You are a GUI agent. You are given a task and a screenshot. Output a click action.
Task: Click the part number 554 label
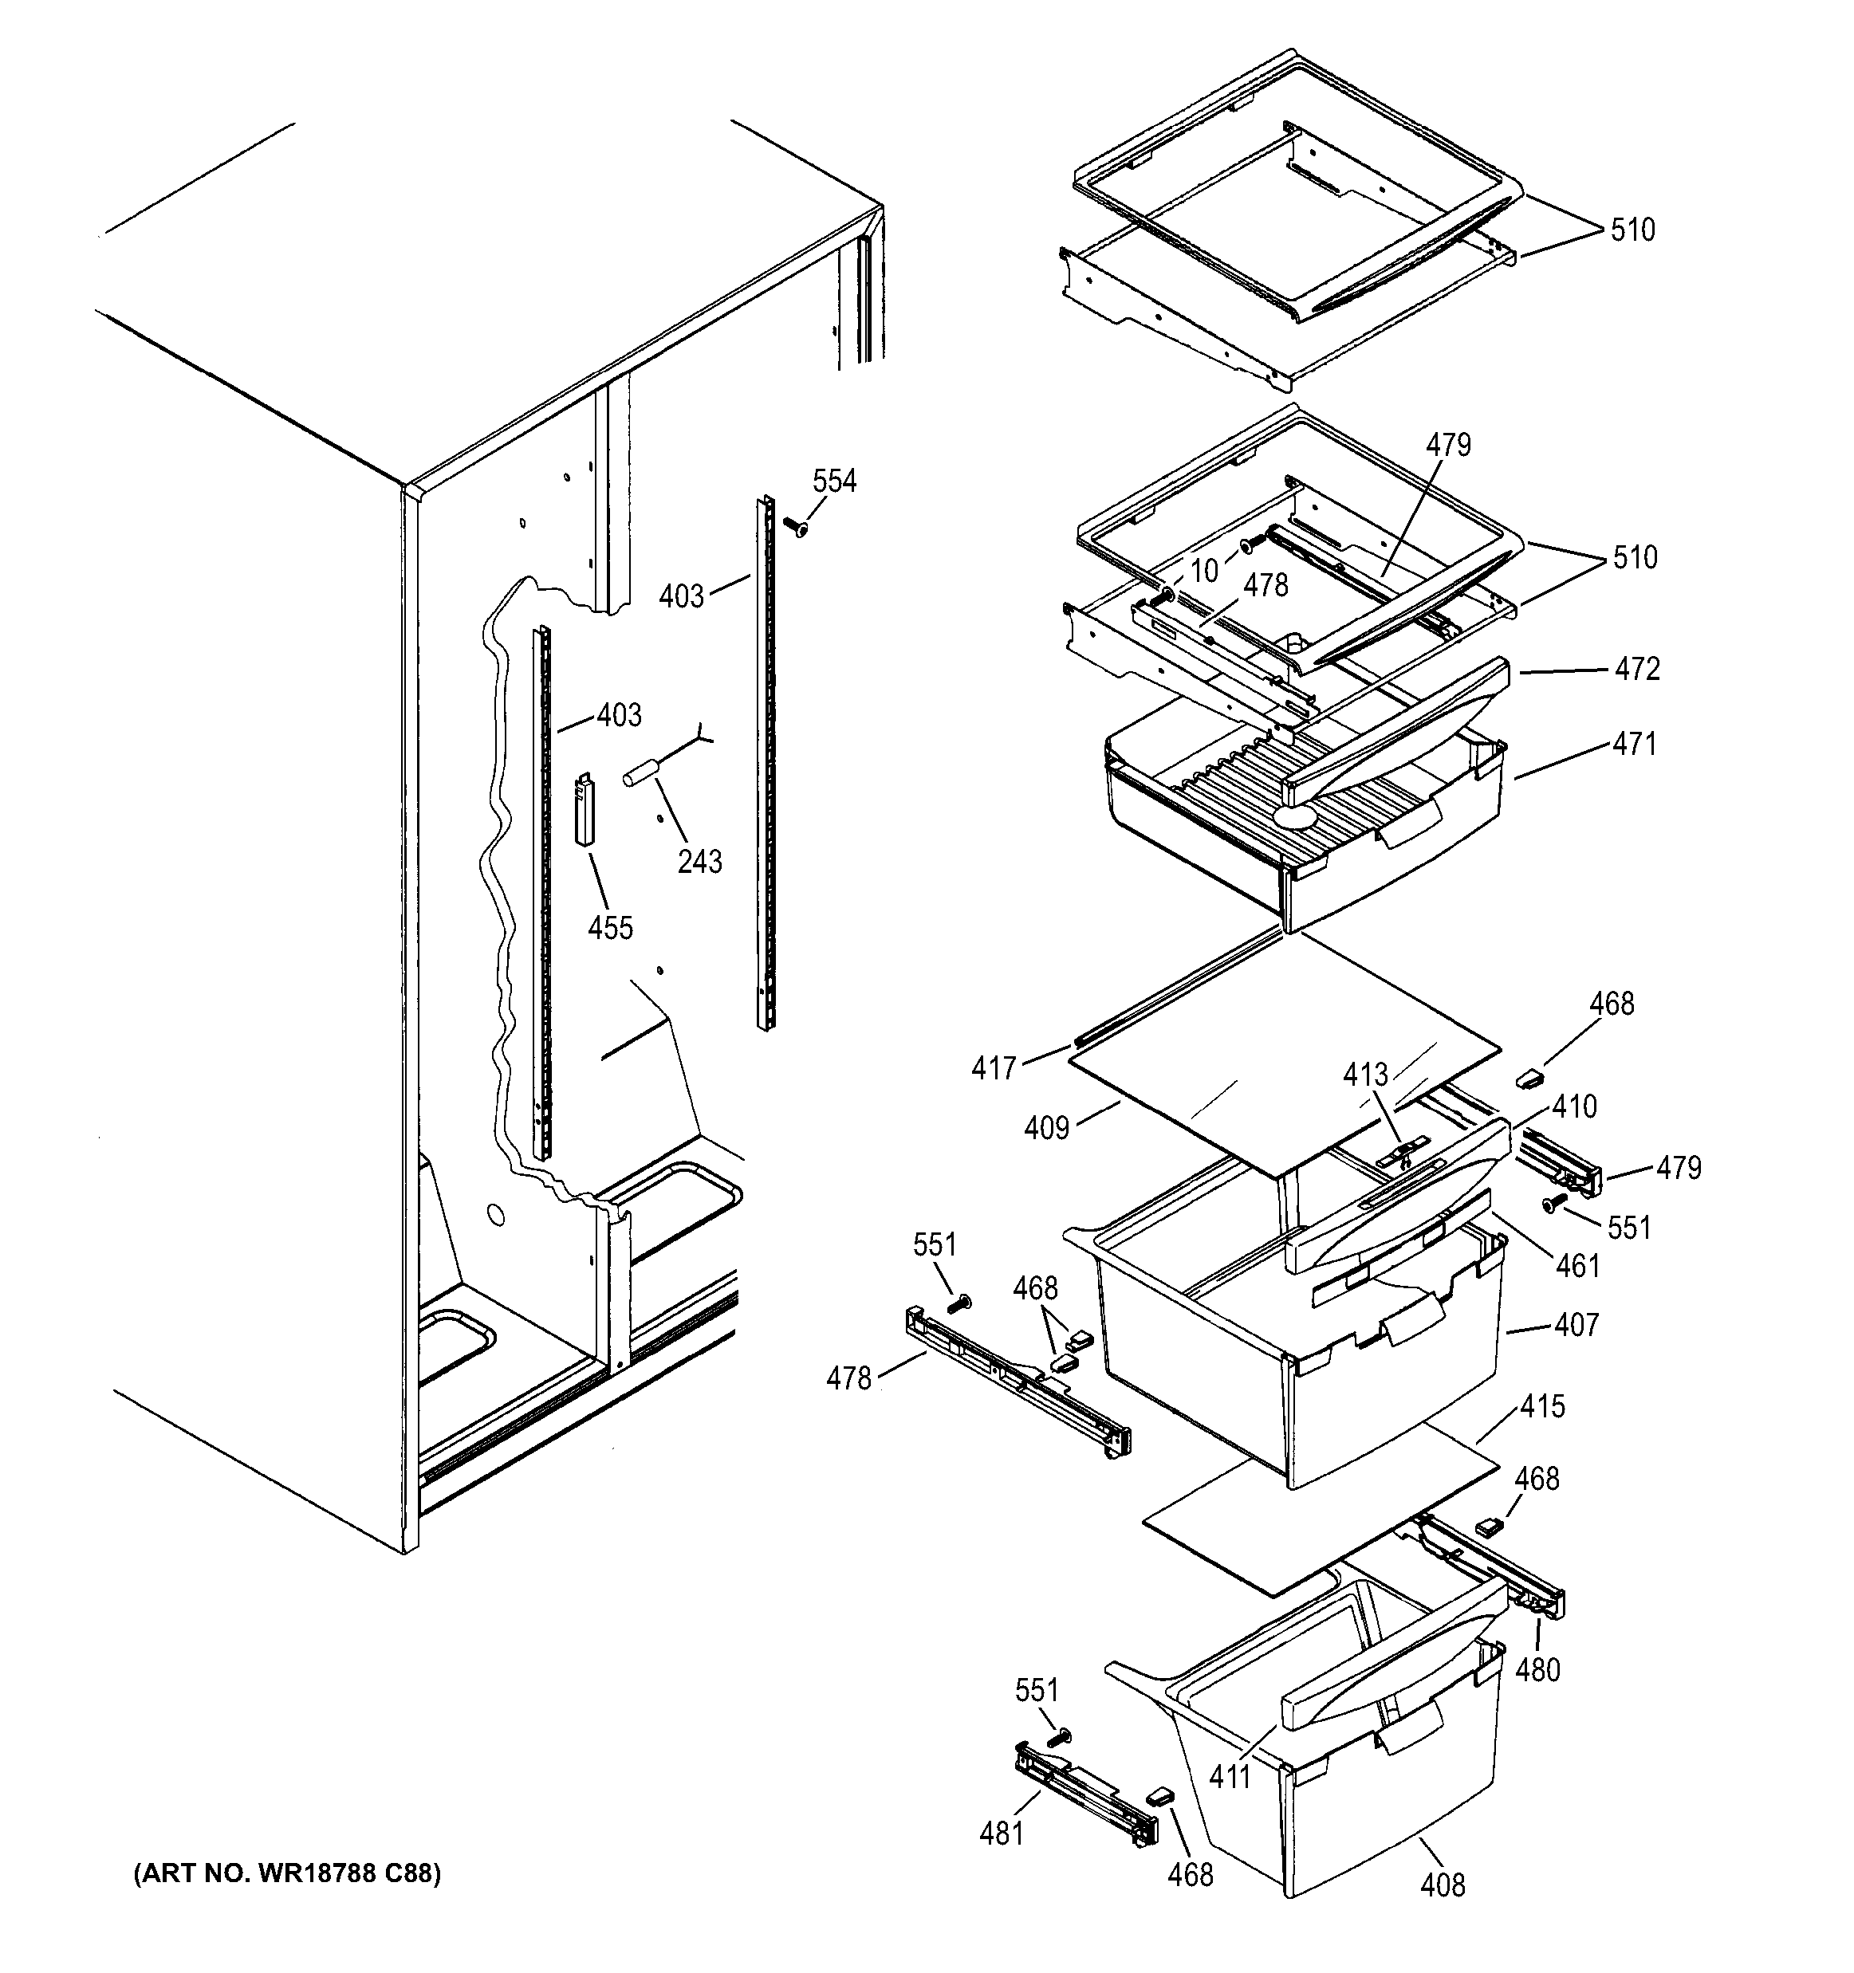click(x=834, y=481)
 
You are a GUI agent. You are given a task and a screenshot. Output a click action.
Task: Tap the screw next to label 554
click(x=795, y=526)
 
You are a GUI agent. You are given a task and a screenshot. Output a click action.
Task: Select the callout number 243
click(x=699, y=860)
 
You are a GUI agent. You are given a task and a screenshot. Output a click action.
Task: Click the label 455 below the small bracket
click(x=609, y=928)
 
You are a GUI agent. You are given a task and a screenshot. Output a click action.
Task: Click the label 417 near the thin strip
click(x=994, y=1069)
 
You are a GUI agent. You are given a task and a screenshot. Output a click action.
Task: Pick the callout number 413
click(x=1366, y=1074)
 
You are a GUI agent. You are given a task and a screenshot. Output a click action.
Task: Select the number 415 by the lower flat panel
click(x=1542, y=1406)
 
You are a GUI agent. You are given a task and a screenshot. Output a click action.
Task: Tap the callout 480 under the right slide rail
click(x=1537, y=1670)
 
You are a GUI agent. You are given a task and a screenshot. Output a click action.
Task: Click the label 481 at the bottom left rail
click(x=1001, y=1834)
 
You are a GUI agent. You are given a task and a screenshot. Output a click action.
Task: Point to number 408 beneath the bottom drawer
click(x=1442, y=1885)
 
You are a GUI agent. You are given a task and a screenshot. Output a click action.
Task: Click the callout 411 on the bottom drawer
click(x=1230, y=1775)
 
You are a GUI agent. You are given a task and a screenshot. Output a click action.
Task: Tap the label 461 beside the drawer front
click(x=1577, y=1267)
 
